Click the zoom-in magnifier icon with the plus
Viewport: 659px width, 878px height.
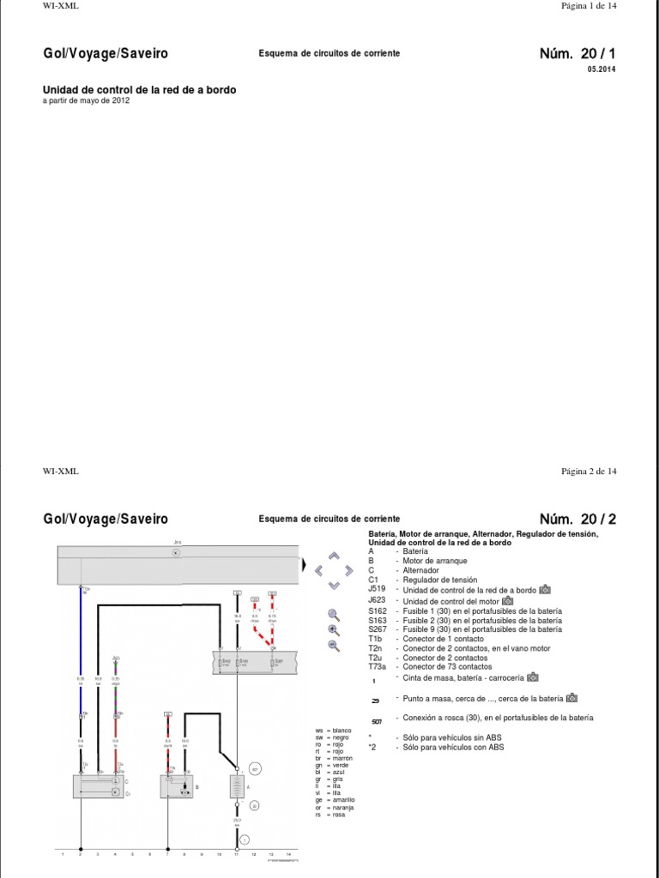click(334, 629)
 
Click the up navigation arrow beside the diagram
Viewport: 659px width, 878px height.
click(334, 556)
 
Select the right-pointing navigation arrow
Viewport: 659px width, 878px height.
click(348, 570)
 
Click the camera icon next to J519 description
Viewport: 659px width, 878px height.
click(546, 590)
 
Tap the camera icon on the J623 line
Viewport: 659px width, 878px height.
click(507, 600)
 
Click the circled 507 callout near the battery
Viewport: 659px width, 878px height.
click(253, 767)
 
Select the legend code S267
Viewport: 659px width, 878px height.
click(378, 629)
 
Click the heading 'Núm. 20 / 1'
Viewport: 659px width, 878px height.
click(577, 53)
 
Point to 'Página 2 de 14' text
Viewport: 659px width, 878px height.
click(589, 471)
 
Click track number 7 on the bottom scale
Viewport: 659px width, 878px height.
click(167, 855)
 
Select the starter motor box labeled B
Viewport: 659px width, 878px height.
click(175, 786)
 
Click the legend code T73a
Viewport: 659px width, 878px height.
click(378, 667)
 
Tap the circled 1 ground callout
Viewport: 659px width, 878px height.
click(244, 839)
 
